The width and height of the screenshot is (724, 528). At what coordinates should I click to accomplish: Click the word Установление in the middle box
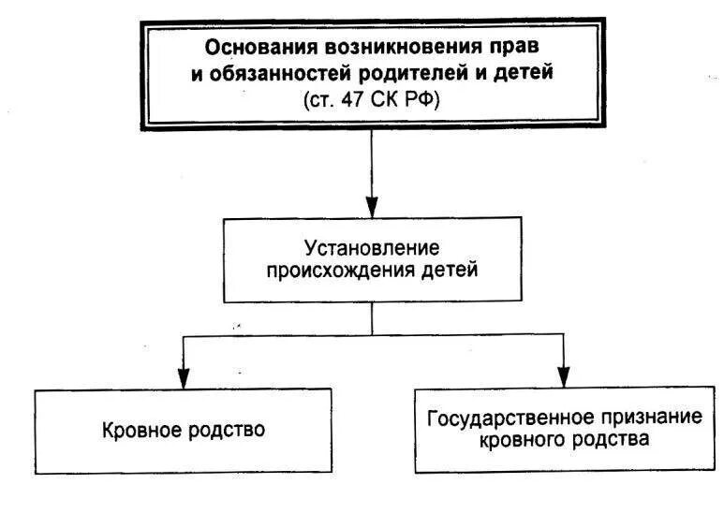pos(373,249)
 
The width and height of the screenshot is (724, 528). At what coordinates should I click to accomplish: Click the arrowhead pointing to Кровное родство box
pos(183,376)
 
